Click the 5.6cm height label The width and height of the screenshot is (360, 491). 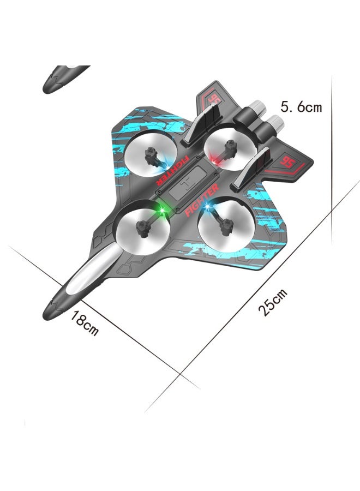click(x=301, y=106)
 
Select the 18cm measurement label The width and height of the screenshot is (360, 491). click(x=85, y=322)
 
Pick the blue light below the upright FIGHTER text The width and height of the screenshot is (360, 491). click(x=208, y=209)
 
